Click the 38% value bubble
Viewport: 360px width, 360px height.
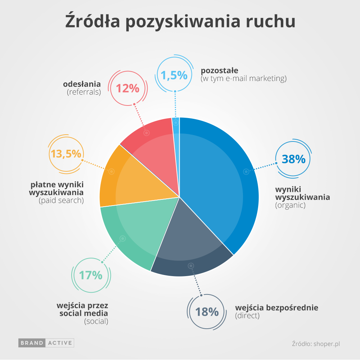click(x=293, y=159)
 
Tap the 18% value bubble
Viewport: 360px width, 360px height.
click(x=207, y=312)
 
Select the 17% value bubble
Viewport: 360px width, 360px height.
click(x=91, y=275)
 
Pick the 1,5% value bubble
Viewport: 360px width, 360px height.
click(x=174, y=75)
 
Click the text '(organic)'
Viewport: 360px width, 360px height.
click(x=290, y=206)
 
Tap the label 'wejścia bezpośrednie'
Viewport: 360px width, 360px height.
click(x=276, y=308)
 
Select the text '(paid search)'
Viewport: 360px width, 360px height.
click(x=61, y=201)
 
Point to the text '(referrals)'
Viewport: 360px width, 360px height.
click(x=84, y=92)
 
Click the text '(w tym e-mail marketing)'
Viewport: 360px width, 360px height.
click(x=243, y=78)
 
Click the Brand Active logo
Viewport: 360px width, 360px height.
click(x=46, y=343)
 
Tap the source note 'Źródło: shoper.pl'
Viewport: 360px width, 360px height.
click(x=316, y=344)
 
